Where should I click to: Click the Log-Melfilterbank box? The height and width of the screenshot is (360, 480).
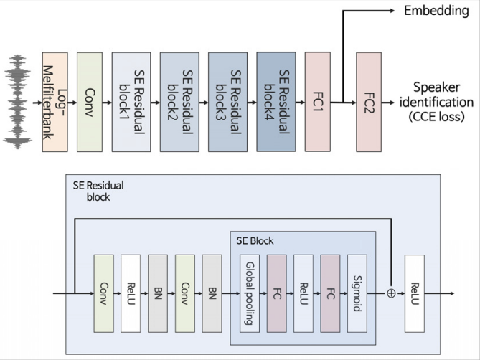click(55, 102)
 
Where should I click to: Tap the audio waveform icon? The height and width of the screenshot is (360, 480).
click(17, 102)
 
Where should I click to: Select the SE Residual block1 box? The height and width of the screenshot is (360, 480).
click(131, 102)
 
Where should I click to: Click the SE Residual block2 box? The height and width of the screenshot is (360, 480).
click(179, 102)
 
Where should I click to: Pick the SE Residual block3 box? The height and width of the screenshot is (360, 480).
click(227, 102)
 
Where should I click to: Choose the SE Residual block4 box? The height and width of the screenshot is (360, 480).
click(276, 102)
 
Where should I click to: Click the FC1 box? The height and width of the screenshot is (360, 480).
click(317, 102)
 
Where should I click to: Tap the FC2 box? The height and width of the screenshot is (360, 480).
click(369, 102)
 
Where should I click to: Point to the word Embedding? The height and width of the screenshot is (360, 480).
click(436, 11)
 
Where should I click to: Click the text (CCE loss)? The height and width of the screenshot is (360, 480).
click(436, 116)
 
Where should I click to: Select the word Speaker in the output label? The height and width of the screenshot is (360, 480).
click(436, 87)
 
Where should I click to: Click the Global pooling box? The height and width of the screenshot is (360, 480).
click(250, 293)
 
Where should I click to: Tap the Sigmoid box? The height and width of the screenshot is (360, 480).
click(357, 293)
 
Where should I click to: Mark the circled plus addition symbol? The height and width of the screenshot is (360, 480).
click(391, 293)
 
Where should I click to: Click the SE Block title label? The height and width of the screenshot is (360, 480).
click(255, 241)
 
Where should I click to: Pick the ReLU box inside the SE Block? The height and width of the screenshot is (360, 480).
click(303, 293)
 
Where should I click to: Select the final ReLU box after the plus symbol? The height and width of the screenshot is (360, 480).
click(415, 293)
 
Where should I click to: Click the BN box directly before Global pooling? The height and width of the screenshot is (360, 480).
click(212, 293)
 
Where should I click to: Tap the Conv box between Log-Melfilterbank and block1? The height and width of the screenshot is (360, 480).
click(90, 102)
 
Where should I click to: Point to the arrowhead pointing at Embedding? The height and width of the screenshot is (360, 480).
click(392, 11)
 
